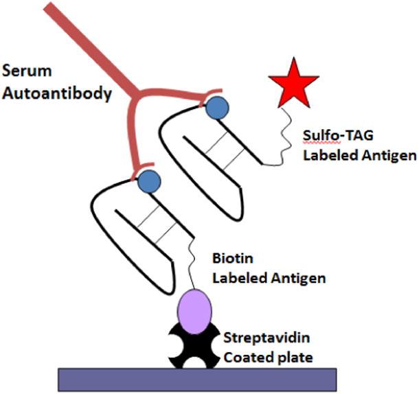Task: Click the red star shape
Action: point(294,82)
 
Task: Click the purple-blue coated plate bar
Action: point(198,378)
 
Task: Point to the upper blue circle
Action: point(218,108)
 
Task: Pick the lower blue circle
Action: point(149,182)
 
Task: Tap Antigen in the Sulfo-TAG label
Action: point(389,155)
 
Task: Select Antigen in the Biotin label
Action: point(297,279)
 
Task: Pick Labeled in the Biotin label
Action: point(238,279)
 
